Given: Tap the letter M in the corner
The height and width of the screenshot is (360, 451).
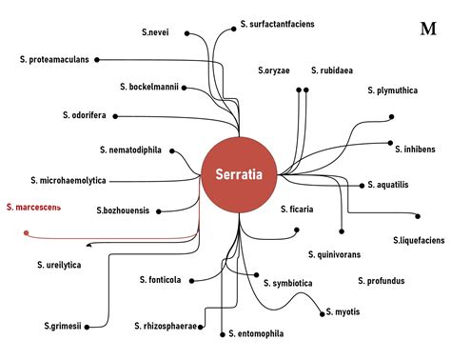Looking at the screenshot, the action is pos(427,28).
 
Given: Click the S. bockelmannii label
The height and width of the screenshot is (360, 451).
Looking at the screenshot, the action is pos(149,87).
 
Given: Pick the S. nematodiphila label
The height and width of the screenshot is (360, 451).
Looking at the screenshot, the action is pos(130,150).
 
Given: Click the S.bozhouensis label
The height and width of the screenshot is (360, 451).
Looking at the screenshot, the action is pos(123,210).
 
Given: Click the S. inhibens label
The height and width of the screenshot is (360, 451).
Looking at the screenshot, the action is pos(417,148).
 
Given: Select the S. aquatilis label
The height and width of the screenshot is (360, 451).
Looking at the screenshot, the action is pos(388,185).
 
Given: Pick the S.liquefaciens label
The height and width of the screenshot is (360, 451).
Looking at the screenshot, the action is pos(418,240).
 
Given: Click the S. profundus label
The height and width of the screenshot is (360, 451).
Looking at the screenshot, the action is pos(382,281).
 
